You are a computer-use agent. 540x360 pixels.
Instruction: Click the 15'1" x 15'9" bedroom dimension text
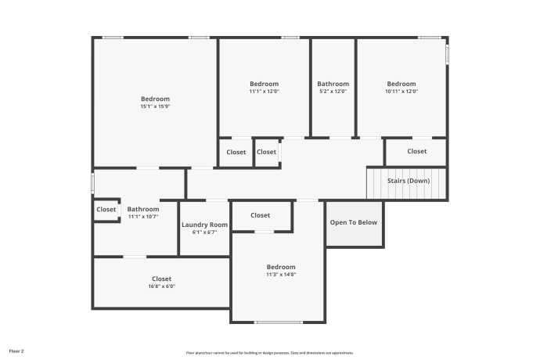point(155,106)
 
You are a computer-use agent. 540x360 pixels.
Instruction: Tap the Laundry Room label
point(204,225)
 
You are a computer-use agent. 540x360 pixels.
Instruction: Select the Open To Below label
point(354,222)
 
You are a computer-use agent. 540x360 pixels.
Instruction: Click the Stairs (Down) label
point(408,181)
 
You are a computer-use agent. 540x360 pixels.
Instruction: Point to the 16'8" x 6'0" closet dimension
point(162,286)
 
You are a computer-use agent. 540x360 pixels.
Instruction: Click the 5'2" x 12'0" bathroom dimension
point(333,92)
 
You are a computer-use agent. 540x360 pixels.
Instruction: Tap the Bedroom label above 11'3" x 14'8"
point(281,267)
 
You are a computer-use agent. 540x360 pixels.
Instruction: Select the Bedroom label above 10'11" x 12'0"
point(401,84)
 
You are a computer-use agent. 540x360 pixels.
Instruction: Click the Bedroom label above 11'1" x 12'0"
point(264,84)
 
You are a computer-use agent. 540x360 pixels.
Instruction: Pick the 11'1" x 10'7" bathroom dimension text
point(143,217)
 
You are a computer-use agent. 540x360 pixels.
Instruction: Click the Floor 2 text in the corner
point(16,351)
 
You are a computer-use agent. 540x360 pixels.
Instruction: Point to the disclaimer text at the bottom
point(270,353)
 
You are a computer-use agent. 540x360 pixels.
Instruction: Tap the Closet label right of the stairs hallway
point(416,151)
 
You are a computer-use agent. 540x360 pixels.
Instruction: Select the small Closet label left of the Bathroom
point(106,210)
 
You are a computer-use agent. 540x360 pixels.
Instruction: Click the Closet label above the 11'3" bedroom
point(261,215)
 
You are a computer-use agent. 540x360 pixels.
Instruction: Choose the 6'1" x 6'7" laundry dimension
point(204,232)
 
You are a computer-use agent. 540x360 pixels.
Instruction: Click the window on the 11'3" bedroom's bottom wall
point(279,322)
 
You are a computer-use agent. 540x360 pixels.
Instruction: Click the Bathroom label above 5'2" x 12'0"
point(333,84)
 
